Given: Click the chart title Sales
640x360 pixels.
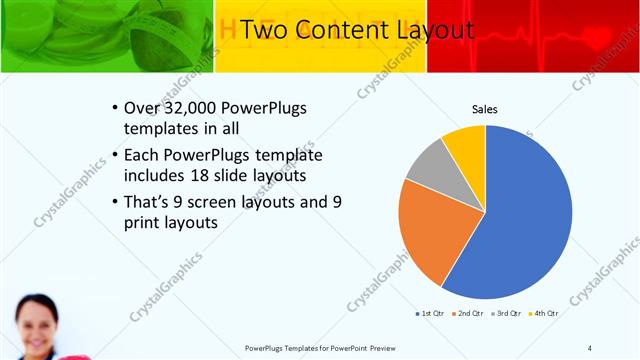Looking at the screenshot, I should (x=485, y=110).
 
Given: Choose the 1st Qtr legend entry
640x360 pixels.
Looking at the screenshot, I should (x=429, y=314).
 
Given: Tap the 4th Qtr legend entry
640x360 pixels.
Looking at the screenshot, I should (x=547, y=314).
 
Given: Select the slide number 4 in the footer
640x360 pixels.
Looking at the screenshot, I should (x=590, y=348).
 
